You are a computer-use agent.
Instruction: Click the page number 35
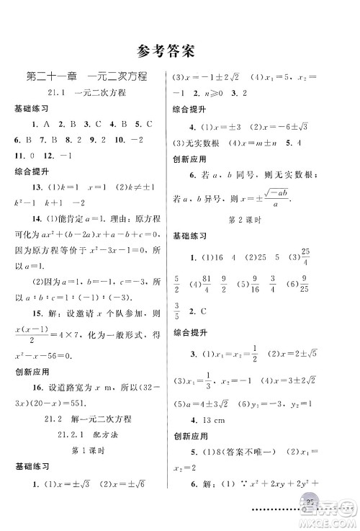[x=311, y=519]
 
